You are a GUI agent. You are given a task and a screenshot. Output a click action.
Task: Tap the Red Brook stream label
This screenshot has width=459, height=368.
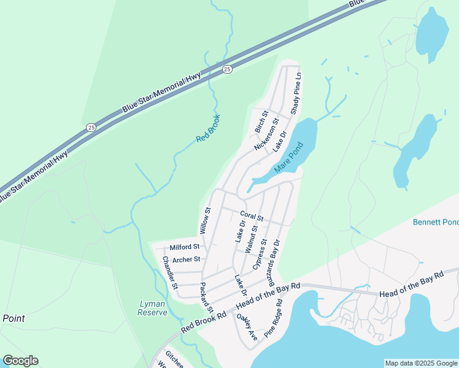click(208, 128)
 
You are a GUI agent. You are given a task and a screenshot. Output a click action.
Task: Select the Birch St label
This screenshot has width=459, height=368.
click(261, 122)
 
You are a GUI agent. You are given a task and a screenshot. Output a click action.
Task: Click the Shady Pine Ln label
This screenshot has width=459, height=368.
click(295, 93)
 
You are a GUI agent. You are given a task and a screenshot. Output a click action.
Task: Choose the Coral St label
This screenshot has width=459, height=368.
click(252, 217)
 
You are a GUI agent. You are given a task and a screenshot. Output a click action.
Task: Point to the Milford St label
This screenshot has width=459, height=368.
click(185, 247)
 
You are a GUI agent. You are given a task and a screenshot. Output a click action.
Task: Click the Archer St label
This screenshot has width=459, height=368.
click(187, 259)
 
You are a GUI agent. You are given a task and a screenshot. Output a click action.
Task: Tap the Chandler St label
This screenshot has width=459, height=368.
click(170, 273)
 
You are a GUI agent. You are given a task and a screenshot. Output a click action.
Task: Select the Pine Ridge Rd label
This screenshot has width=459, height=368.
click(274, 318)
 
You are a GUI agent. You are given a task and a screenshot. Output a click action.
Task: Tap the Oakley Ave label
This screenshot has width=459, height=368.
click(247, 328)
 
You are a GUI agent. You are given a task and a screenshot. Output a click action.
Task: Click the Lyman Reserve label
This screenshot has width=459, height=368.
click(153, 308)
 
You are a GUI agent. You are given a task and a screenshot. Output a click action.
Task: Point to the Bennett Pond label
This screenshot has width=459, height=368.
click(436, 221)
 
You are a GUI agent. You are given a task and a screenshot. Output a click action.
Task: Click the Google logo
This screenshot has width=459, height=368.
click(20, 361)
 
